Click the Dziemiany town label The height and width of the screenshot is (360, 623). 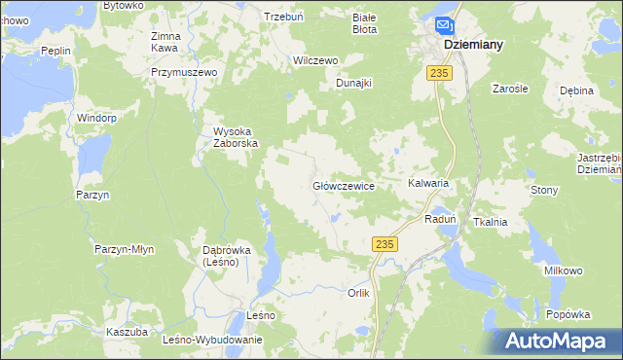(473, 44)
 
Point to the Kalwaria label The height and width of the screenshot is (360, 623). (428, 183)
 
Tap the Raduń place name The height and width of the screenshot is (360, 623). (441, 220)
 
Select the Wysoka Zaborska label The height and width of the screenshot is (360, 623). (236, 137)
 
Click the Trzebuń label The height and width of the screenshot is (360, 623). (285, 17)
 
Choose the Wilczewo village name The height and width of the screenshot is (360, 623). (315, 60)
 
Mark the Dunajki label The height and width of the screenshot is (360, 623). (354, 84)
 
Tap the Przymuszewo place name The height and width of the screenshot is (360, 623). (182, 72)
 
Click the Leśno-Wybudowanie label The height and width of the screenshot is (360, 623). (213, 340)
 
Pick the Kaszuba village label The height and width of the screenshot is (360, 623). (127, 332)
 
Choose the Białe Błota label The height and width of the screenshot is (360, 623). (364, 23)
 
